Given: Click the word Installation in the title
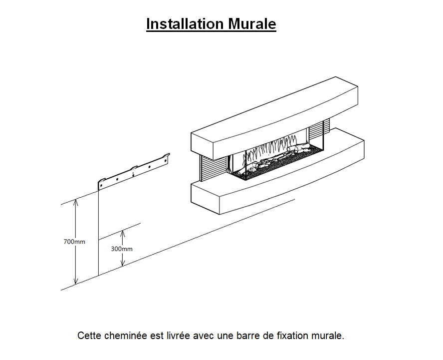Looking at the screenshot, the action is click(185, 24).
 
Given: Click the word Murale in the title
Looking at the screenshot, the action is click(252, 24).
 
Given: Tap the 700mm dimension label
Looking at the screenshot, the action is click(74, 242).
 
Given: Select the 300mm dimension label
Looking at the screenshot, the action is click(122, 249).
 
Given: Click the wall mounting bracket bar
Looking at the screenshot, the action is click(134, 171).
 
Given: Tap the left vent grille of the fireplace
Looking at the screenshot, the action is click(214, 168).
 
